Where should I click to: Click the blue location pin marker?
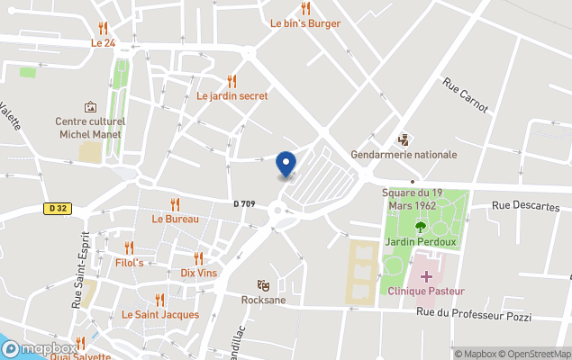pyautogui.click(x=286, y=164)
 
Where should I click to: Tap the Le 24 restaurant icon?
pyautogui.click(x=104, y=28)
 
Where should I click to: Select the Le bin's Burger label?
pyautogui.click(x=305, y=23)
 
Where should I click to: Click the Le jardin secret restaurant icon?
pyautogui.click(x=232, y=81)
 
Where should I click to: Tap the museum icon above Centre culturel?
pyautogui.click(x=89, y=107)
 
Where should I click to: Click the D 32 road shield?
pyautogui.click(x=58, y=208)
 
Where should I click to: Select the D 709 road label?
pyautogui.click(x=243, y=204)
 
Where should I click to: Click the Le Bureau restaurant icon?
pyautogui.click(x=176, y=204)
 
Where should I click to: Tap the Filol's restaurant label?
pyautogui.click(x=130, y=262)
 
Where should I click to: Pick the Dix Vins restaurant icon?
pyautogui.click(x=199, y=258)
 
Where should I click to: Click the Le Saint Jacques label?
pyautogui.click(x=160, y=314)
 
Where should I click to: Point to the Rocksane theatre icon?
pyautogui.click(x=263, y=285)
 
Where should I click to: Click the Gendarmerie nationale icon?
pyautogui.click(x=404, y=139)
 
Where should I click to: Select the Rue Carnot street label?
pyautogui.click(x=465, y=94)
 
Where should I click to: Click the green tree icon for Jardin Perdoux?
pyautogui.click(x=420, y=227)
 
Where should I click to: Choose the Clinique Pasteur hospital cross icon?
pyautogui.click(x=426, y=275)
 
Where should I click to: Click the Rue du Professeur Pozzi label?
pyautogui.click(x=474, y=315)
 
